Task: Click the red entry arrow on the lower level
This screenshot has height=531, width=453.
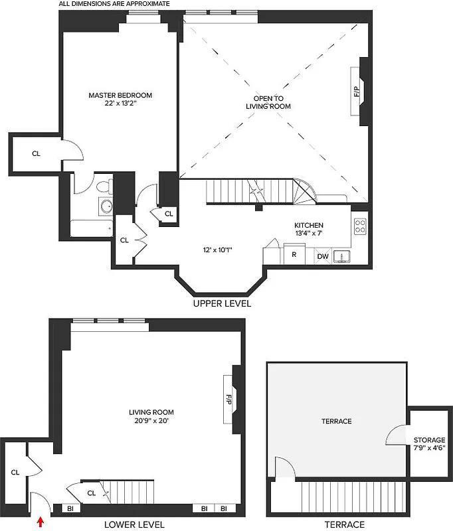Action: coord(41,522)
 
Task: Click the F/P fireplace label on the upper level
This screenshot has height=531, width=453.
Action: coord(356,91)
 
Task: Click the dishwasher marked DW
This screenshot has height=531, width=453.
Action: coord(322,256)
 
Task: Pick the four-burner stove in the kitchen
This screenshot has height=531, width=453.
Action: coord(360,226)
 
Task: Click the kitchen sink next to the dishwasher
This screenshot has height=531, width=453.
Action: coord(341,256)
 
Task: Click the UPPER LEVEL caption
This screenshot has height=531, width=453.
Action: coord(222,304)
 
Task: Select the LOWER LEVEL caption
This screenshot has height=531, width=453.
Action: coord(134,524)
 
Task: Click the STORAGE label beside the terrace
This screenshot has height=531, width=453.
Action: coord(429,440)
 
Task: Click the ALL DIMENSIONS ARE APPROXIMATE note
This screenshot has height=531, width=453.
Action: coord(114,4)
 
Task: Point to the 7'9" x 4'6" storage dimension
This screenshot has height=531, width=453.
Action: coord(429,448)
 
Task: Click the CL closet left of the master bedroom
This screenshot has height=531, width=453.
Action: coord(36,153)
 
